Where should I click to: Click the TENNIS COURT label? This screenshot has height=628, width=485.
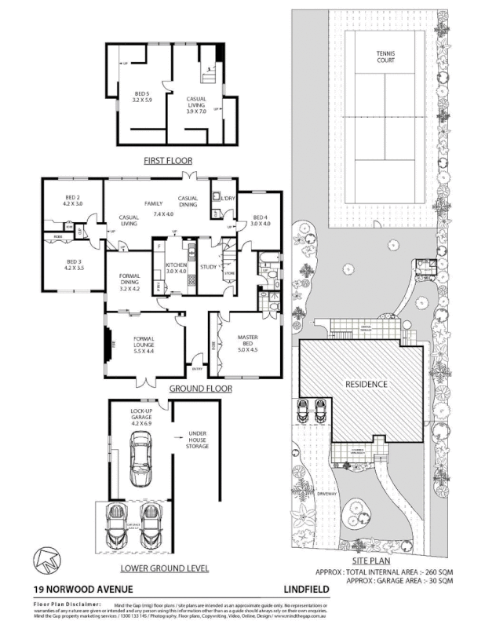coord(385,57)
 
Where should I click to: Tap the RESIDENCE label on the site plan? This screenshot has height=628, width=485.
coord(367,385)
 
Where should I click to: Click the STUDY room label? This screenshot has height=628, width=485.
coord(209,267)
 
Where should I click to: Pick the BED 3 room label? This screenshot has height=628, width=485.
coord(75,265)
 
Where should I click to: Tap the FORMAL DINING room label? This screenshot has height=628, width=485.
coord(130,280)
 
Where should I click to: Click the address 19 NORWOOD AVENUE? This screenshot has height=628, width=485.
coord(71,589)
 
